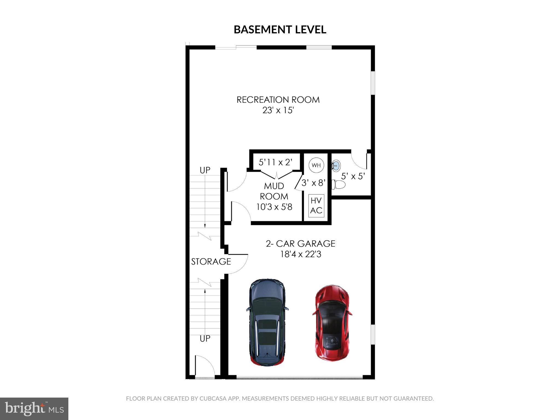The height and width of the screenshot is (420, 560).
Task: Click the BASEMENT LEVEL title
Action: coord(280,30)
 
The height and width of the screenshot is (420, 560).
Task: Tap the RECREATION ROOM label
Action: coord(278,100)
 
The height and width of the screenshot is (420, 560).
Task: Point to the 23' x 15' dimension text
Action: coord(278,110)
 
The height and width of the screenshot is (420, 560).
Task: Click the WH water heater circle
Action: coord(316,165)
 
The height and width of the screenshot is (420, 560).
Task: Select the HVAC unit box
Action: coord(316,206)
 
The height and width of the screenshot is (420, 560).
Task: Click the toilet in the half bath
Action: coord(338,185)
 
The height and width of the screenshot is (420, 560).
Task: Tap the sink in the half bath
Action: coord(336,165)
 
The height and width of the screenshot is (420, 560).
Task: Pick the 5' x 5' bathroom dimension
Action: coord(353,176)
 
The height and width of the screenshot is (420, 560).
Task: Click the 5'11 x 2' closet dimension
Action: coord(276,162)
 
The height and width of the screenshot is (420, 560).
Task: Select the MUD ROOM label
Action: coord(274,191)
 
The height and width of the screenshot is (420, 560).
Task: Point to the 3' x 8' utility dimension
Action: coord(313,183)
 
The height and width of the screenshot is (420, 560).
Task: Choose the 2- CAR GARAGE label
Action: coord(301,244)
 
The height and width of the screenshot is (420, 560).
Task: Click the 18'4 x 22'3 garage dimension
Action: coord(301,255)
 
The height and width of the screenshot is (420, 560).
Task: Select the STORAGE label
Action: coord(211,262)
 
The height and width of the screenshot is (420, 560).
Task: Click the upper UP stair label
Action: coord(205,170)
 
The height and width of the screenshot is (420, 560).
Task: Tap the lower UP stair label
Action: coord(205,339)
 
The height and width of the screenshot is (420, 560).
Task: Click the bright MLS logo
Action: coord(34,409)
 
